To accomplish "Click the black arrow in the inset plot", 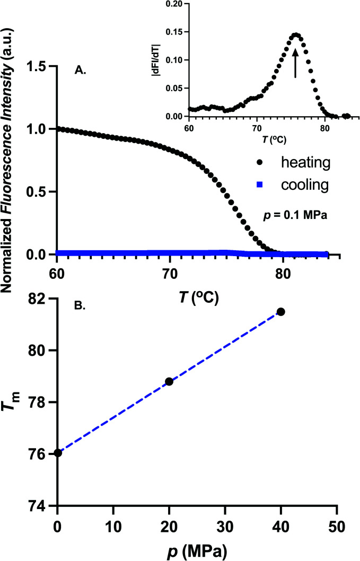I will pyautogui.click(x=295, y=63).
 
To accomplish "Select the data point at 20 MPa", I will pyautogui.click(x=169, y=381).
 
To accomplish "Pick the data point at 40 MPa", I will pyautogui.click(x=281, y=311).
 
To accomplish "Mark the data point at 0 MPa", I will pyautogui.click(x=57, y=453).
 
